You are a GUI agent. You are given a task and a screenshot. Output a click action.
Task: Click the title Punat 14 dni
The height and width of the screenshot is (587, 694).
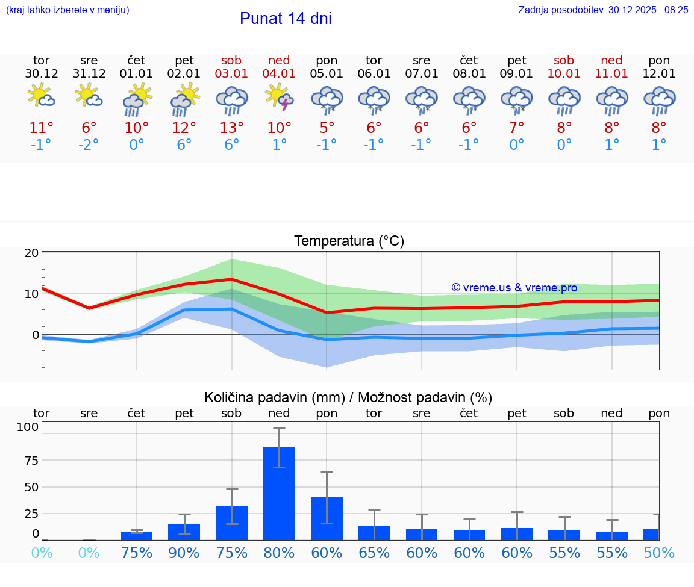click(286, 19)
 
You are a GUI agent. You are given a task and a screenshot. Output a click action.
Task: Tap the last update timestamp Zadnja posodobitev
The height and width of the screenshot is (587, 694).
click(603, 10)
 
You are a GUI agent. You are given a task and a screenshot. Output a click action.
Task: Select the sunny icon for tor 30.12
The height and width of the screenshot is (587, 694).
click(41, 96)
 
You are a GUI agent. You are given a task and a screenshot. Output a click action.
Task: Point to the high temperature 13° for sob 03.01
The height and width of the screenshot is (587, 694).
click(232, 128)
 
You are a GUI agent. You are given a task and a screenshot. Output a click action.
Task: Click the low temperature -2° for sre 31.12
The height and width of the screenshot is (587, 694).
click(89, 145)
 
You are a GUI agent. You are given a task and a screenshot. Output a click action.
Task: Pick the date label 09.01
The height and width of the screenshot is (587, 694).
click(516, 74)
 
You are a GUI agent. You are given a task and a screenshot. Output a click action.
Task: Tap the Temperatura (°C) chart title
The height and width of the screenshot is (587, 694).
click(349, 241)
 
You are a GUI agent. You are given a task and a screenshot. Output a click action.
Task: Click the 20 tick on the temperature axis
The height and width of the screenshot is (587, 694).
click(31, 253)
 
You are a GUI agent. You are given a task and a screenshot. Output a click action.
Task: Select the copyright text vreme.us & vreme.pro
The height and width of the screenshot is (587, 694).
click(514, 288)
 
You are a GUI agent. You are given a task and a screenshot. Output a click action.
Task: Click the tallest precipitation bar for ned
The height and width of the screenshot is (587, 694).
click(280, 494)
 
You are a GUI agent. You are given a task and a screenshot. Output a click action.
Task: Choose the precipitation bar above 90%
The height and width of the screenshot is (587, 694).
click(184, 532)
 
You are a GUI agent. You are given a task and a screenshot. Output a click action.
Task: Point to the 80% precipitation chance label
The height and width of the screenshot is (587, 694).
click(280, 553)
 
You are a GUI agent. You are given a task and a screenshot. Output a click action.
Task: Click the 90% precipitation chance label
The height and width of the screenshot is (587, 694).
click(184, 553)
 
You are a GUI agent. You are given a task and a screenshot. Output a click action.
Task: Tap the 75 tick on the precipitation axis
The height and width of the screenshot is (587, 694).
click(31, 461)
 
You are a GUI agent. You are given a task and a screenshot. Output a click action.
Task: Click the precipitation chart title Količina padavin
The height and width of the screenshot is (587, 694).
click(348, 397)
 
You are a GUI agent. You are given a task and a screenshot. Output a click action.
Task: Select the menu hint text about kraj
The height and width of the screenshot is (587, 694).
click(67, 10)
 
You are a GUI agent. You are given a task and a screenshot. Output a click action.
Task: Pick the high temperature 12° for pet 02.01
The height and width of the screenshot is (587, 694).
click(184, 128)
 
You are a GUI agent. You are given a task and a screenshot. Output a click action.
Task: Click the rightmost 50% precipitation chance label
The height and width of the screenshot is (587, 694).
click(659, 553)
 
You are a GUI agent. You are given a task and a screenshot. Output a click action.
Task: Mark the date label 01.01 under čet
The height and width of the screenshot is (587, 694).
click(136, 74)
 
